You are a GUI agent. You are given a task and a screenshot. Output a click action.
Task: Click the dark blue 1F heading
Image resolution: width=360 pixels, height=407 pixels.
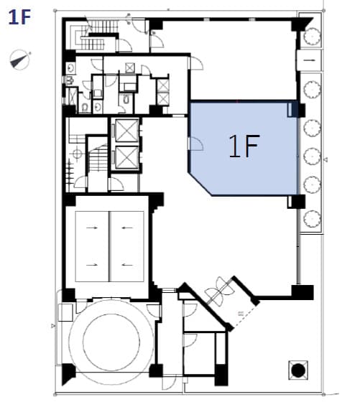[19, 17]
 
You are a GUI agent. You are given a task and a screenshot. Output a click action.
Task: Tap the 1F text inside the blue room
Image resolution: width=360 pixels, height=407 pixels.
[244, 146]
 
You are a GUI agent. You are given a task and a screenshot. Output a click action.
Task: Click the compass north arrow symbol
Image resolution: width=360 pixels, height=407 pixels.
[19, 60]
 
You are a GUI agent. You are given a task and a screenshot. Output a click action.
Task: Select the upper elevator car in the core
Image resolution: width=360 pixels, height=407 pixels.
[127, 131]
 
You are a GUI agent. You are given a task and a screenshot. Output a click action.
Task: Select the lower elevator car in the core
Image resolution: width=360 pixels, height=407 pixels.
[127, 157]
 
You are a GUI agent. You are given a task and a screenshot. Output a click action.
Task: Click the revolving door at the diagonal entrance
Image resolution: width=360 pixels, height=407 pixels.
[219, 291]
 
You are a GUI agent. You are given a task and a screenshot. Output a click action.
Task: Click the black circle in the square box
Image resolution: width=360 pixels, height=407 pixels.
[298, 370]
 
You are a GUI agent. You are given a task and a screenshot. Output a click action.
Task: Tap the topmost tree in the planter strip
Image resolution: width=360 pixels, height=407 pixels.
[311, 37]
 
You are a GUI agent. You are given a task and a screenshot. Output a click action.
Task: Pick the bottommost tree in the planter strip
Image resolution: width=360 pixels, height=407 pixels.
[312, 219]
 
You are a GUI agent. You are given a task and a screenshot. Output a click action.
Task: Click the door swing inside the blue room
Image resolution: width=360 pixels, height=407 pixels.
[196, 144]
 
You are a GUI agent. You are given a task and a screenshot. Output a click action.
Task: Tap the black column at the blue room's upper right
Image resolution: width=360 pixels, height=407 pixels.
[301, 110]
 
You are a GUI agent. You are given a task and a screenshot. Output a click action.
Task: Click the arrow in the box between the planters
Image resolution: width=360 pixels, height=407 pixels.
[309, 60]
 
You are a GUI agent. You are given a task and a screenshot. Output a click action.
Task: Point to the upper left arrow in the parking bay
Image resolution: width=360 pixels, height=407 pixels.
[92, 228]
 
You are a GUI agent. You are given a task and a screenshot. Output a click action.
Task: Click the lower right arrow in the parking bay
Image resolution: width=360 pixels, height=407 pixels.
[127, 265]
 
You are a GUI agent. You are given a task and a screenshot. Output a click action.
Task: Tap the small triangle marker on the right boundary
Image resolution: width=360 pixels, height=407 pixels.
[326, 159]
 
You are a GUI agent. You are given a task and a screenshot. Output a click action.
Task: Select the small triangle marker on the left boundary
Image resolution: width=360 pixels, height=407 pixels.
[53, 325]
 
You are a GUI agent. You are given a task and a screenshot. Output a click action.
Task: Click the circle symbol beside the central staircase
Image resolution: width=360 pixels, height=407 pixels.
[77, 154]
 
